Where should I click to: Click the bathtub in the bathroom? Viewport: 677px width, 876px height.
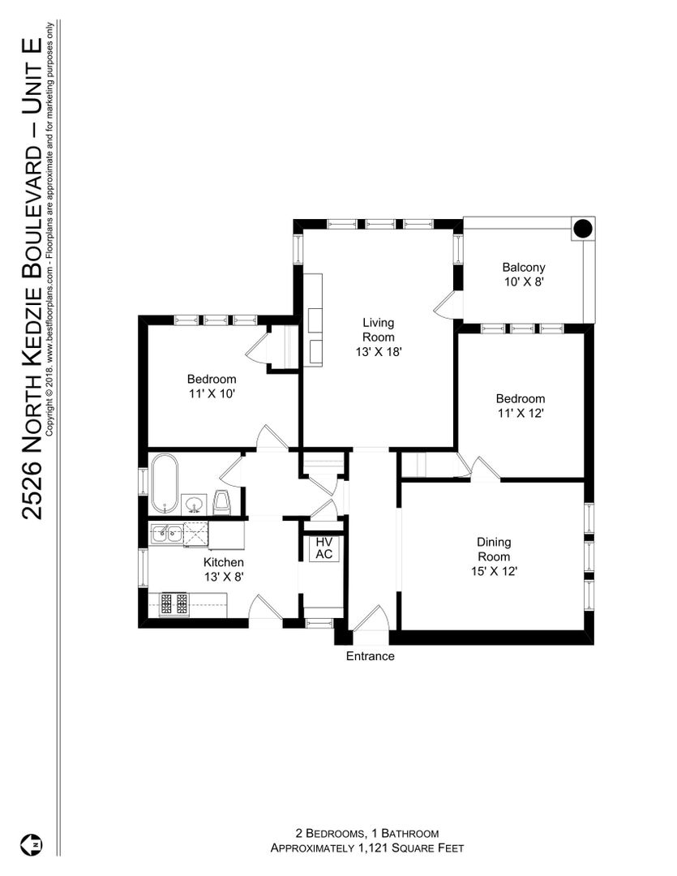coord(165,483)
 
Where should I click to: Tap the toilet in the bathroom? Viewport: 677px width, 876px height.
coord(222,503)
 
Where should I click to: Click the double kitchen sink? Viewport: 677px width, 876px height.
coord(167,534)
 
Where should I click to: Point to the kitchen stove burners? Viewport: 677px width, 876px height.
coord(174,604)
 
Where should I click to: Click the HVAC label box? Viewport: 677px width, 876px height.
coord(324,548)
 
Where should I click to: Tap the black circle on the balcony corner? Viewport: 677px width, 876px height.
coord(583,228)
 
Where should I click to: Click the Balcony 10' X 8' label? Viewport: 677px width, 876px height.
coord(524,274)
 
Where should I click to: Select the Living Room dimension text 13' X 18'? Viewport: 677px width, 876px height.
coord(379,352)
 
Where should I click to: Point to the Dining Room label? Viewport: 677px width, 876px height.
coord(494,549)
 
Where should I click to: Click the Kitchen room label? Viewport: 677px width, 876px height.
coord(224,562)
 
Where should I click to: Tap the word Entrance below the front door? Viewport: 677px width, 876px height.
coord(371,656)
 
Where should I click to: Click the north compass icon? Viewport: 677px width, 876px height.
coord(32,844)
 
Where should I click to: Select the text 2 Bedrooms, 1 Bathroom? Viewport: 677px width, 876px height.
coord(367,834)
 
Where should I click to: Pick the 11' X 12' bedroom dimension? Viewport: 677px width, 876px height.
coord(521,414)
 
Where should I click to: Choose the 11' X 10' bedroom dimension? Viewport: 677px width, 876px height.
coord(212,394)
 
